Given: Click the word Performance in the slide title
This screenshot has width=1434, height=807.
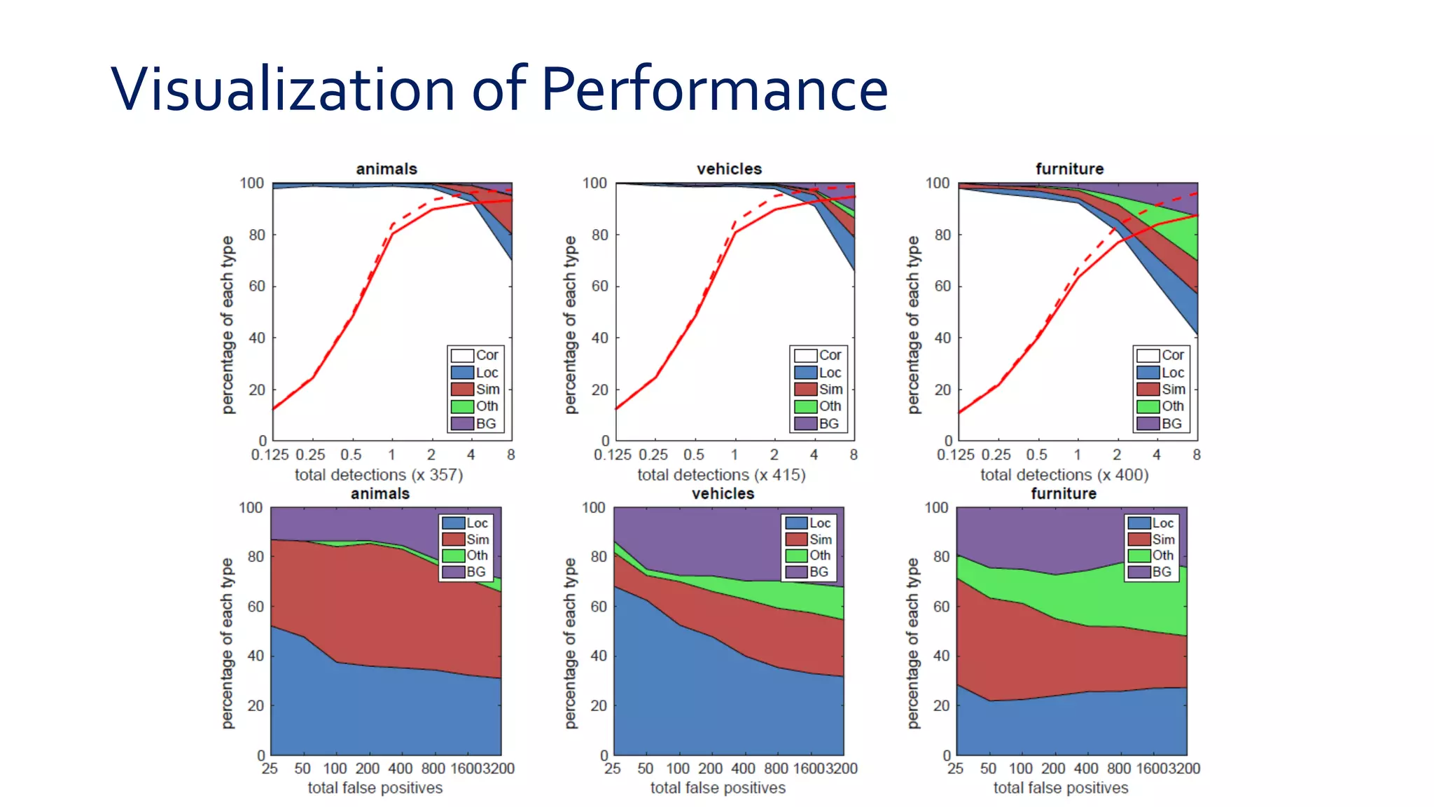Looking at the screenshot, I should click(714, 89).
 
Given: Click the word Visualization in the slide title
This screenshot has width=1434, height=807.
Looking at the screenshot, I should click(283, 89).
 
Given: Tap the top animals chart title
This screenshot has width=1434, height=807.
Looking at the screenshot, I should click(387, 169).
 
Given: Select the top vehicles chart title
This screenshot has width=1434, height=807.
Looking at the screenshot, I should click(729, 169).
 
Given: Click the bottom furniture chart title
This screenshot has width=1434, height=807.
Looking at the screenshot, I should click(1064, 493).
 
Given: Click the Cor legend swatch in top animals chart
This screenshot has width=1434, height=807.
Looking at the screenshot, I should click(462, 355).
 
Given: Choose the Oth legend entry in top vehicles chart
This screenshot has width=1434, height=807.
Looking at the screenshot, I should click(821, 406).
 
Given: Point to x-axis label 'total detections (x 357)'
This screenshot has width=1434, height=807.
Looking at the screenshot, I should click(379, 475).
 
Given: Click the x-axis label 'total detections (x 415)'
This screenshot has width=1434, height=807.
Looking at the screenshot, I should click(721, 475).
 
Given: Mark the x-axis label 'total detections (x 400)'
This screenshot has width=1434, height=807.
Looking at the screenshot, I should click(1064, 475).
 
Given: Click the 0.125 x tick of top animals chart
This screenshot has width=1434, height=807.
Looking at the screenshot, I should click(270, 455).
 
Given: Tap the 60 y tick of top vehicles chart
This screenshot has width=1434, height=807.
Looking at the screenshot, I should click(599, 286).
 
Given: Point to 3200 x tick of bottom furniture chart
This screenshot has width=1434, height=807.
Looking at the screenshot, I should click(1184, 768).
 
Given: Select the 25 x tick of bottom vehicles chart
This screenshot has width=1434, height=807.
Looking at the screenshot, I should click(613, 768).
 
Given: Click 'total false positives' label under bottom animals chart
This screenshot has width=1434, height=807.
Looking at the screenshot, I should click(375, 788).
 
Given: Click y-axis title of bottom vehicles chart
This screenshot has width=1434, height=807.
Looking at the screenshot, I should click(571, 643).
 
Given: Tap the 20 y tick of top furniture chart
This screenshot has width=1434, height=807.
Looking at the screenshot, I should click(942, 389).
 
